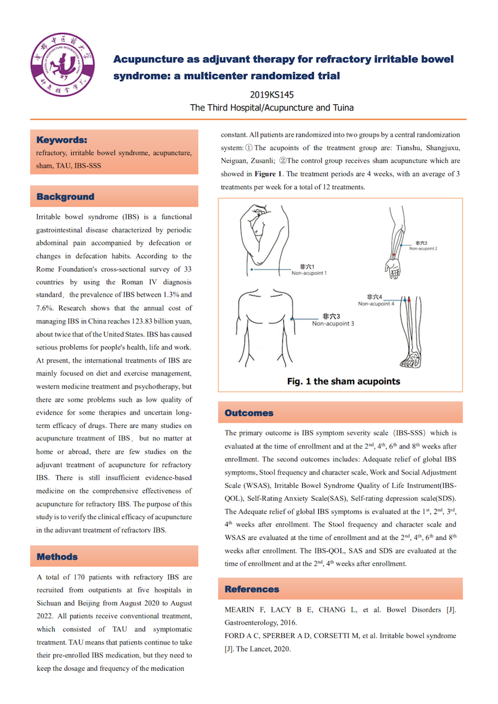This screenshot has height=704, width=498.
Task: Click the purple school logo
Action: point(62,65)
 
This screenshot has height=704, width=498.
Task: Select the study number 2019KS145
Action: point(272,95)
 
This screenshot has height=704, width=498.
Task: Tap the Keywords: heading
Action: point(62,140)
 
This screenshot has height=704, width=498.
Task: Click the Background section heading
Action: point(65,197)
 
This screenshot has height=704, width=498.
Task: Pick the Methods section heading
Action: point(57,557)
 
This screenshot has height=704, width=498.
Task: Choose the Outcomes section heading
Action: point(249,413)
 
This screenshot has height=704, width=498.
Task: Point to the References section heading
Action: point(252,589)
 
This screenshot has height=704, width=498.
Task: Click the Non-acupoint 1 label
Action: point(309,273)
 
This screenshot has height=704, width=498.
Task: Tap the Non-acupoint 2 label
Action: point(423,248)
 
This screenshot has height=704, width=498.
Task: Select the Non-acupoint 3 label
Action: point(333,323)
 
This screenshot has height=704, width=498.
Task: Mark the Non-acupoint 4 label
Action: point(376,303)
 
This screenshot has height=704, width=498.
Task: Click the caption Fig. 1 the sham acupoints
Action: point(344,381)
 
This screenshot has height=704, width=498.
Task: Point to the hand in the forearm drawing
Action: point(393,268)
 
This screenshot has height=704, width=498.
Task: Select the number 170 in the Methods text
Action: point(79,577)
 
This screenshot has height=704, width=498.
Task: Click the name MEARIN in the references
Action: point(240,609)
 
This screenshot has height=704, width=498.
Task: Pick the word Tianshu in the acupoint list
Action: point(408,148)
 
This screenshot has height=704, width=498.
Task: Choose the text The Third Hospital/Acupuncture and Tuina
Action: point(272,107)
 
